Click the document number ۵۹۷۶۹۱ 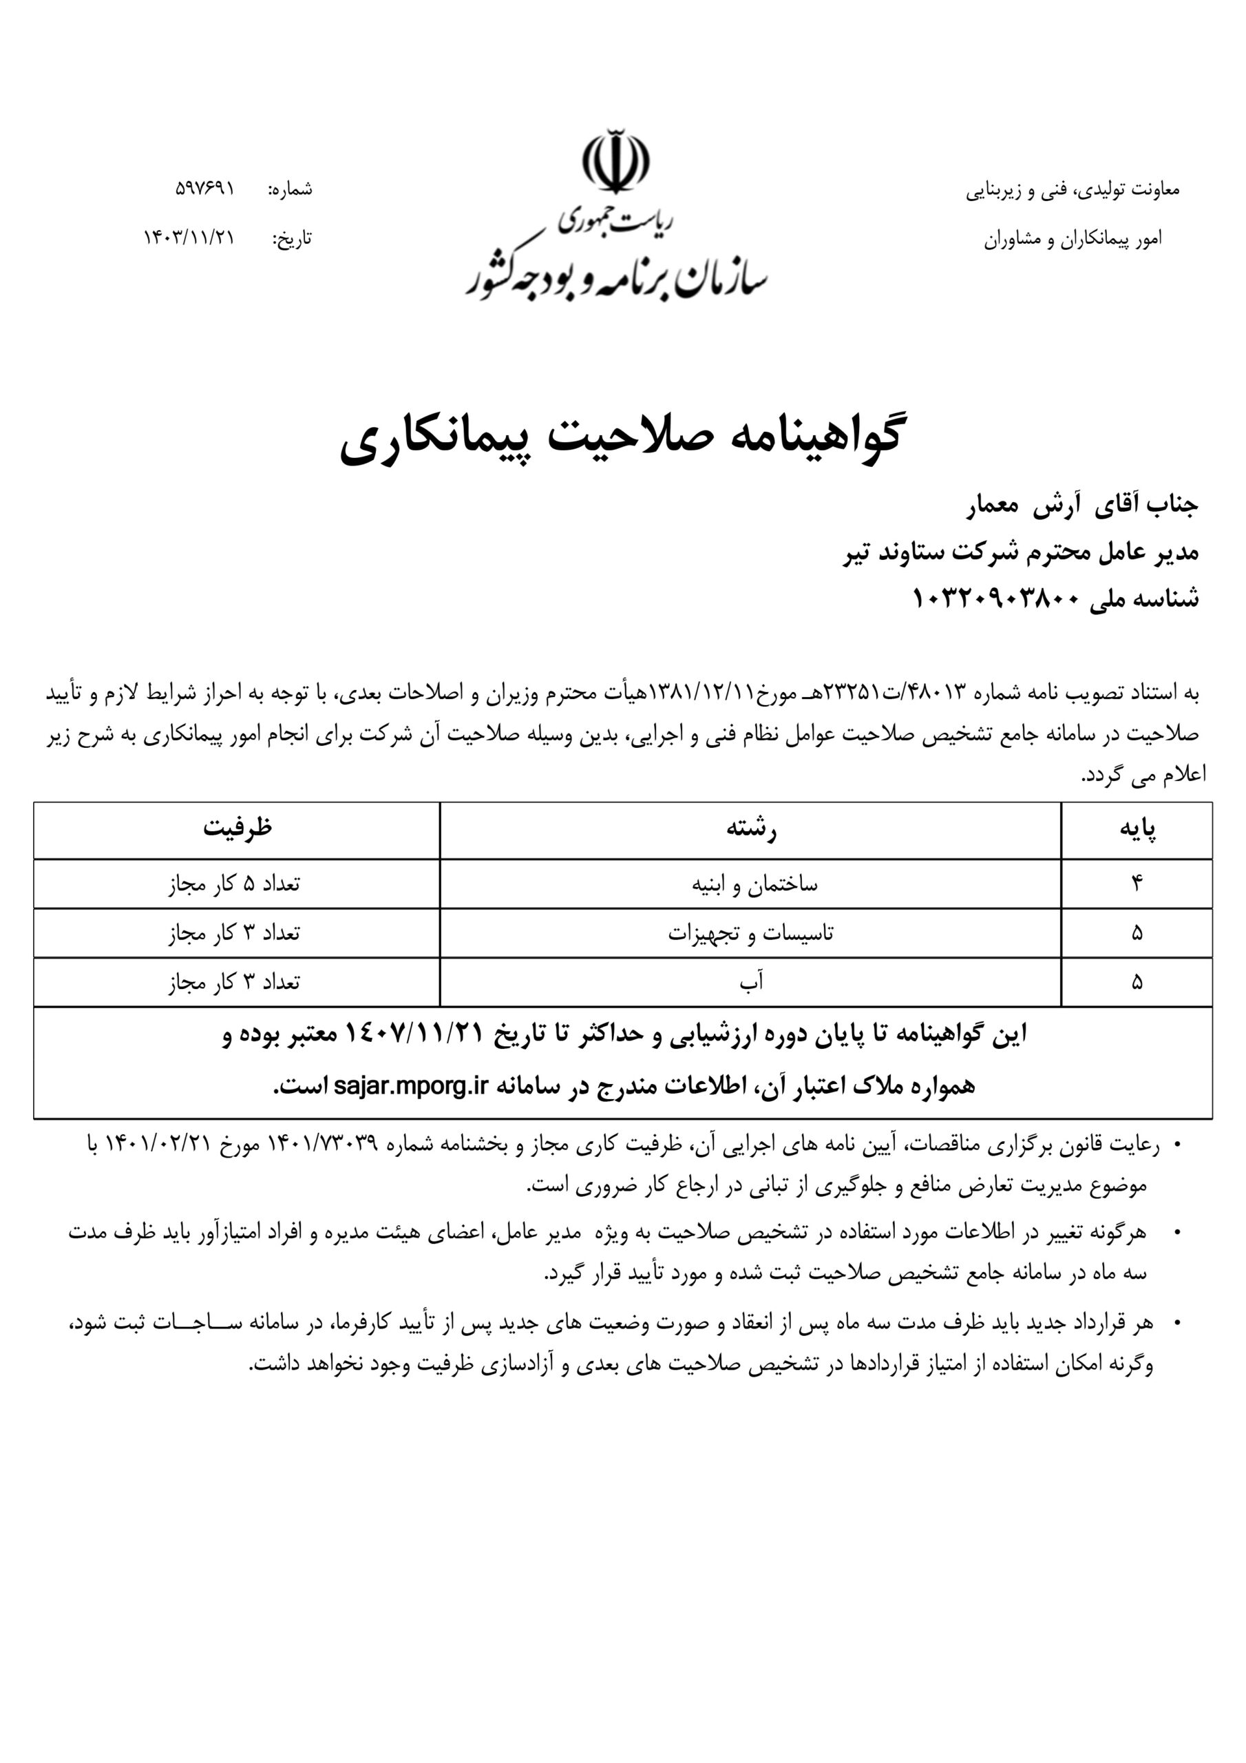[205, 188]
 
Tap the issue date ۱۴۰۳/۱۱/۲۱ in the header [189, 238]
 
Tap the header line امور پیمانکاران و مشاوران [1073, 240]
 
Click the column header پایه [1137, 830]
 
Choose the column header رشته [751, 830]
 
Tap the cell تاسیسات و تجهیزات [750, 934]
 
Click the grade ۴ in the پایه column [1137, 884]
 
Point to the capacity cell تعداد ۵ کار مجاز [234, 884]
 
